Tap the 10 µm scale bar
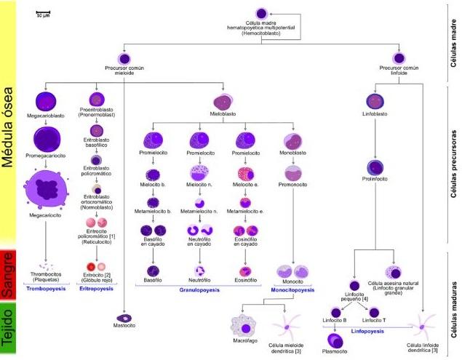tap(43, 13)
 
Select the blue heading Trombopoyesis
tap(47, 289)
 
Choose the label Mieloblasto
tap(223, 115)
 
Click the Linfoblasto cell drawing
tap(375, 101)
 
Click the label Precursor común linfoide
tap(399, 71)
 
